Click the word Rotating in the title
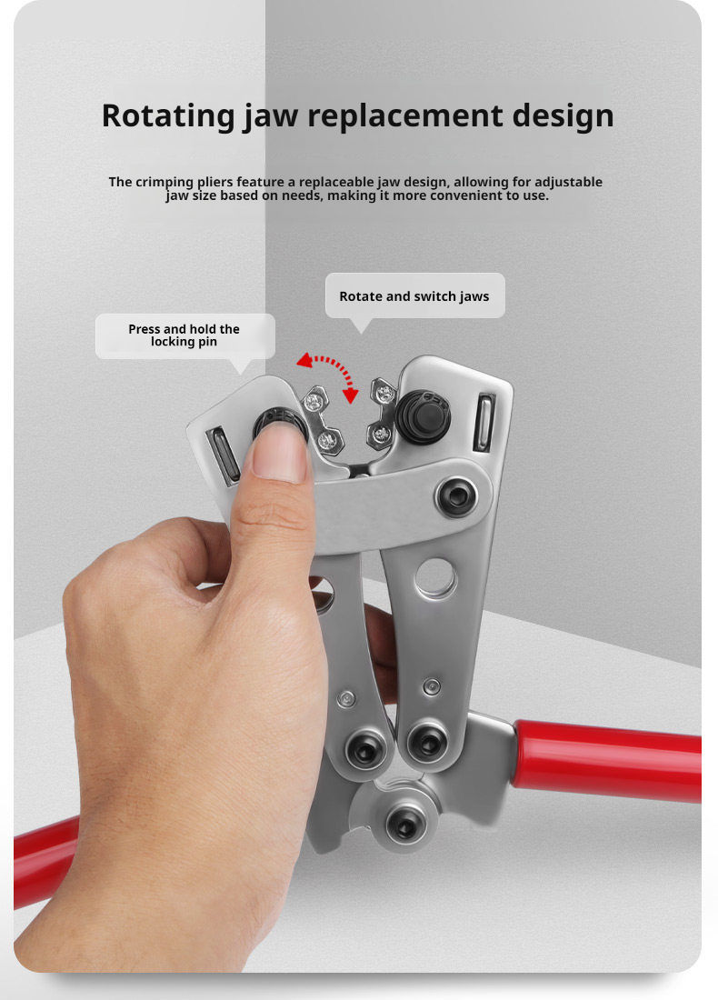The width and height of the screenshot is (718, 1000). coord(168,116)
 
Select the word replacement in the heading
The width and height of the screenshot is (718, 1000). coord(405,116)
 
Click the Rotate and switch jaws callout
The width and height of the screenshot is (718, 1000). coord(414,296)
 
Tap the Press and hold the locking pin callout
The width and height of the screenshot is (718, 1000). coord(184,335)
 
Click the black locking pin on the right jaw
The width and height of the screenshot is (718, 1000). coord(423,416)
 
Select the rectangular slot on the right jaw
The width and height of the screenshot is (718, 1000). coord(484,423)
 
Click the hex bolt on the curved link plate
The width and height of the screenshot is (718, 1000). coord(456,496)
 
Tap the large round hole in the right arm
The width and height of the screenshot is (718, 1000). coord(434,578)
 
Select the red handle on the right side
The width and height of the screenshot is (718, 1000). coord(606,760)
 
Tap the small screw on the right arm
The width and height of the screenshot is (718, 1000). coord(432,686)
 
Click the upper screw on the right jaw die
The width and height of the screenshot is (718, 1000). coord(384,395)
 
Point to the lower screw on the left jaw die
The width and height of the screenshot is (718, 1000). coord(327,440)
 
